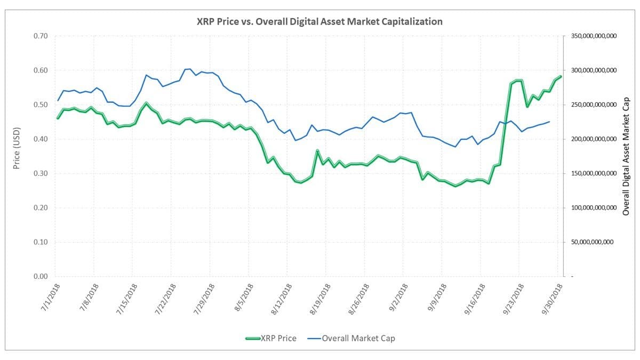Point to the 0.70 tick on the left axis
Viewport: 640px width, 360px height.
coord(41,36)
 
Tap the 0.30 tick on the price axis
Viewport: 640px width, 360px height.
coord(41,173)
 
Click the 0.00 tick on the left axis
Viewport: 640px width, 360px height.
coord(41,276)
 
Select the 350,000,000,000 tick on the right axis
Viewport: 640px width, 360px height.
coord(593,36)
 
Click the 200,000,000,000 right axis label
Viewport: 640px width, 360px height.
coord(593,139)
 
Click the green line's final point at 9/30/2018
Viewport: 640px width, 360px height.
coord(561,77)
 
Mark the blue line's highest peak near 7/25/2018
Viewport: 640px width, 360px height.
coord(190,69)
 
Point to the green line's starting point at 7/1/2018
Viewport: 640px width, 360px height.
coord(58,118)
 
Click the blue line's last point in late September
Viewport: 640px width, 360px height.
coord(549,122)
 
